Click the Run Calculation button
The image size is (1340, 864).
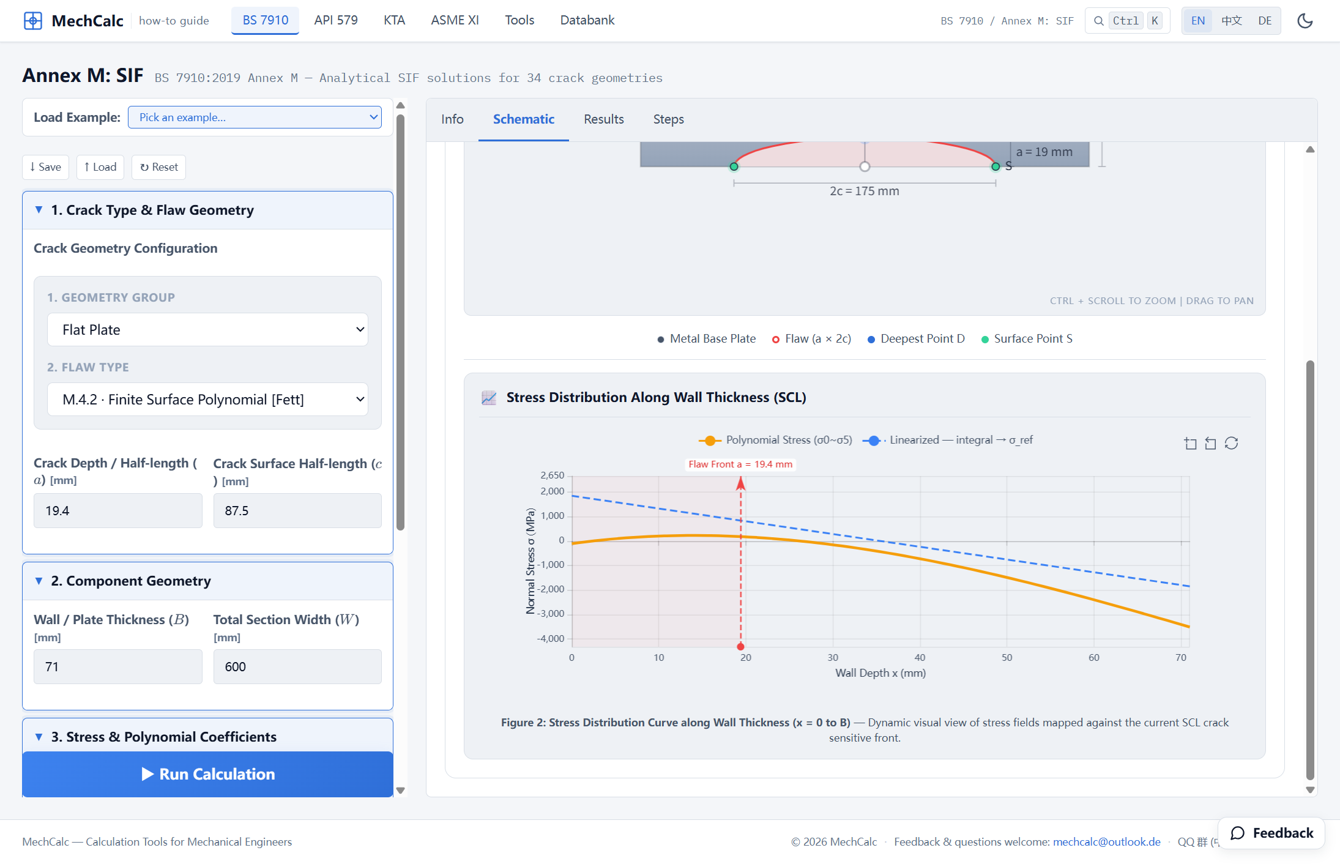(x=207, y=774)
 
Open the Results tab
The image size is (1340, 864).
(x=603, y=119)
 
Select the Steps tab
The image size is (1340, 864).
(x=668, y=119)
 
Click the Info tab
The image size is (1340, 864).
(x=452, y=119)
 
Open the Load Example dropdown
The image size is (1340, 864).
(x=255, y=117)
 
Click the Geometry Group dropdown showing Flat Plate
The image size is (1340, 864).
(x=207, y=330)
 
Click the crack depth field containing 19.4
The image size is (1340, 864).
(x=117, y=511)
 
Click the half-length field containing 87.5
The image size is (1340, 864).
(x=297, y=511)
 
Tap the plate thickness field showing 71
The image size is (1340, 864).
(x=117, y=667)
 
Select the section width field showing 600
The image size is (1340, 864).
(x=297, y=667)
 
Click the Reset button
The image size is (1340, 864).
(x=158, y=167)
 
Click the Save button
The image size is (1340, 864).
(x=45, y=167)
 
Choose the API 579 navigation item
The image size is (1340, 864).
(x=336, y=20)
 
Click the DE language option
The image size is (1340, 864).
(x=1265, y=21)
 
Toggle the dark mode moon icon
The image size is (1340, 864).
(x=1305, y=21)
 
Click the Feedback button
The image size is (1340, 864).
(x=1271, y=833)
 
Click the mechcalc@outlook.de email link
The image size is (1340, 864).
(x=1106, y=841)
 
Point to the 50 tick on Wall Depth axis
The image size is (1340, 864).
(x=1007, y=658)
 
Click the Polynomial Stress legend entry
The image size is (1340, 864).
(x=775, y=440)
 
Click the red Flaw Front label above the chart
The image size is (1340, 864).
(x=740, y=464)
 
